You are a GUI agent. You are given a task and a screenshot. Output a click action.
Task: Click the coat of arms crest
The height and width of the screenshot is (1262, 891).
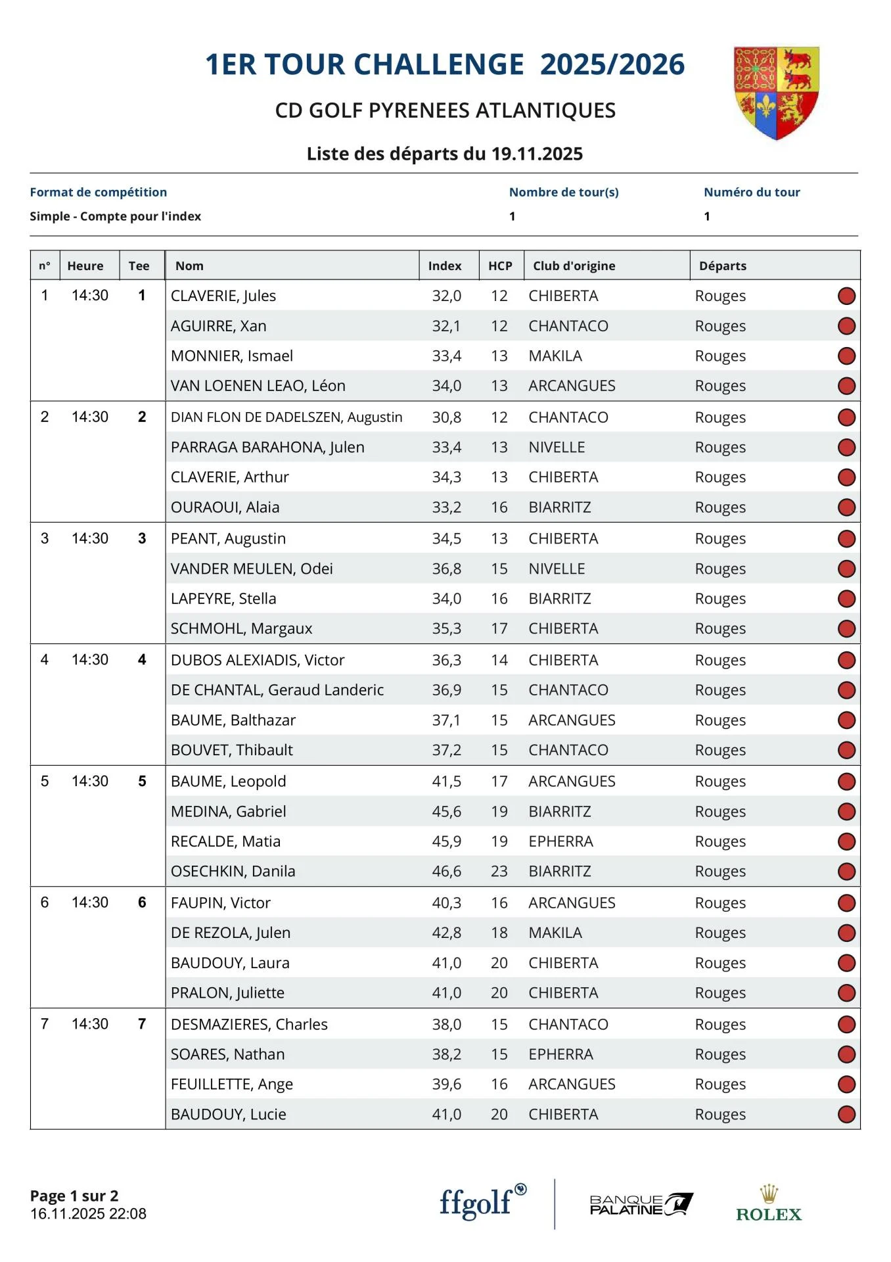776,93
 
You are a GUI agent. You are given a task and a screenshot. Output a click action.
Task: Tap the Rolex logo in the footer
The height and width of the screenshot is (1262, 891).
769,1204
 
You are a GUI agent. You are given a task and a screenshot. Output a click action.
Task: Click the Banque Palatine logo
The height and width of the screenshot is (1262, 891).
641,1204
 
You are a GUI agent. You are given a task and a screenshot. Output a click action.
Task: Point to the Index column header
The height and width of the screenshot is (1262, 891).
445,266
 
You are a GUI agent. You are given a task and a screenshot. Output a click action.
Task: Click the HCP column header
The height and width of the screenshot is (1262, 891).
500,266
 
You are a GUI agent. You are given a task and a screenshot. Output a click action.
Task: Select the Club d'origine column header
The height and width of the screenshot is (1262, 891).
574,266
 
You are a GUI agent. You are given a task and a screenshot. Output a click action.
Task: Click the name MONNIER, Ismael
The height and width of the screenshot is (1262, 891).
231,356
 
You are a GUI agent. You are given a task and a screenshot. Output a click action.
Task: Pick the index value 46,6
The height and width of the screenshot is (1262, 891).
446,871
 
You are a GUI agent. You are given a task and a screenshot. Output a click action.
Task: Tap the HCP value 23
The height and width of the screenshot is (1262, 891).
499,871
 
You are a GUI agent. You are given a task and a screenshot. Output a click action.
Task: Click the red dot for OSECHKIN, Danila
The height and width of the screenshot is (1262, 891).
846,872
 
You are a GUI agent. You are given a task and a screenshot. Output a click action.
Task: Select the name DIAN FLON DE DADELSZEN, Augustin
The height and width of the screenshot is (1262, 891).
286,417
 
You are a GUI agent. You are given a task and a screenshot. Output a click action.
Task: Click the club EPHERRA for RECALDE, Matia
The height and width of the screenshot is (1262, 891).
560,841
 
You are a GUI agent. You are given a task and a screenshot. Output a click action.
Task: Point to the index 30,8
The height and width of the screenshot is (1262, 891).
446,417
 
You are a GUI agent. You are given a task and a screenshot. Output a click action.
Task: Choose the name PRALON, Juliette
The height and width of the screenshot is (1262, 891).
227,993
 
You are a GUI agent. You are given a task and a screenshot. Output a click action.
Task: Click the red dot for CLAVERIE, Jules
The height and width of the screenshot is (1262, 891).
846,296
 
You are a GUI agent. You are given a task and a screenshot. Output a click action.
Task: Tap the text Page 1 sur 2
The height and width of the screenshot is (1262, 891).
74,1196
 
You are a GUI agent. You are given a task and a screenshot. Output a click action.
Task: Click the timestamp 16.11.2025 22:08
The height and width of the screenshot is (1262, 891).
88,1213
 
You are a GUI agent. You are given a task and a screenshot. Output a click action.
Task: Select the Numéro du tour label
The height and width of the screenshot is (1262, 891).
752,192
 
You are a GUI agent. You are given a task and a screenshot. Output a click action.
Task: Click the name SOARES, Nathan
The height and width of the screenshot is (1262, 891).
227,1054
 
